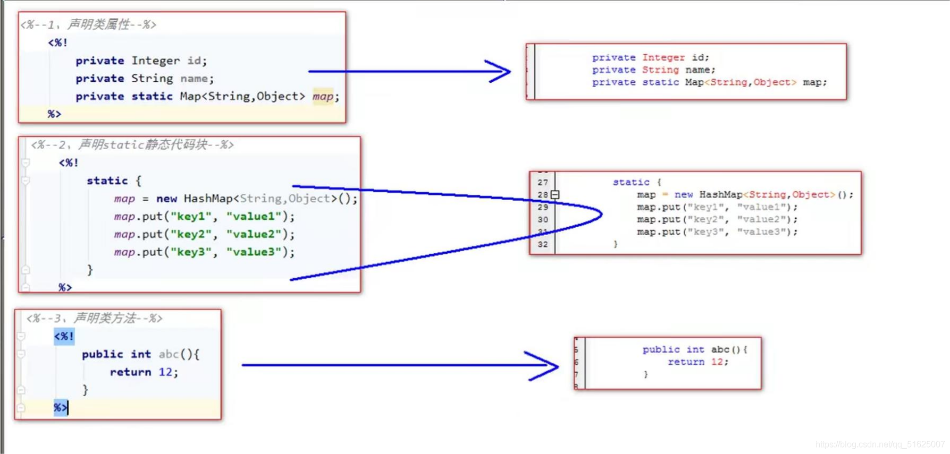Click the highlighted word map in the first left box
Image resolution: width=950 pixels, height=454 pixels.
[x=323, y=96]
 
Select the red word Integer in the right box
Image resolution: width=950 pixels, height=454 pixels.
[x=663, y=57]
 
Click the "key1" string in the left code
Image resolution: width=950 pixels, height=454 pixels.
[x=191, y=216]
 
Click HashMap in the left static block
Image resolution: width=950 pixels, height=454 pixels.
[x=208, y=198]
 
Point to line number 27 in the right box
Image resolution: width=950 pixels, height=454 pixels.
[x=542, y=182]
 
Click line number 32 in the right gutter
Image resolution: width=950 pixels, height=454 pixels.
[x=542, y=244]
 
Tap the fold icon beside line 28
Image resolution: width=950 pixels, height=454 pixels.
[x=555, y=195]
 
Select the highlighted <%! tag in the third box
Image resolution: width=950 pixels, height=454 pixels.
[x=64, y=336]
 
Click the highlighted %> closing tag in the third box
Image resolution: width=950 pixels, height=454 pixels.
[x=61, y=407]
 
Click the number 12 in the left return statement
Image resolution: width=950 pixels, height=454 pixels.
[x=165, y=372]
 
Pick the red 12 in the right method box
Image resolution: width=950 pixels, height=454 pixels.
[x=717, y=362]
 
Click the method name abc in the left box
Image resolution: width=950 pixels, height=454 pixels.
[x=169, y=354]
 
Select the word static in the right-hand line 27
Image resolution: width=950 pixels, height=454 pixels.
[x=631, y=182]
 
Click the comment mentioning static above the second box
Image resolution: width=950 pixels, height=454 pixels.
[x=132, y=144]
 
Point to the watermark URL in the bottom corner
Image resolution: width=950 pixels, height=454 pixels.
[x=880, y=444]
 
